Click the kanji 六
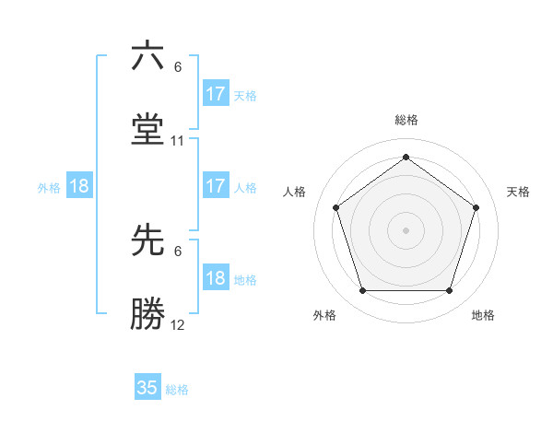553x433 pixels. [147, 56]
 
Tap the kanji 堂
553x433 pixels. [147, 130]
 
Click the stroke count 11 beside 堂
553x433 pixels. [178, 141]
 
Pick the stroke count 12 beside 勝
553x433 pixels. [178, 325]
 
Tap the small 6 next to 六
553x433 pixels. [178, 67]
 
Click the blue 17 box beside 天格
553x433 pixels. [216, 94]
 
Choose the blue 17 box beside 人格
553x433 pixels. [216, 186]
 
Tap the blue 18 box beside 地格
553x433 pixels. [216, 278]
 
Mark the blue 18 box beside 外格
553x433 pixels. [79, 186]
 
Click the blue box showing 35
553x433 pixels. [147, 388]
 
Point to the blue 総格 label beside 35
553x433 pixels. [177, 390]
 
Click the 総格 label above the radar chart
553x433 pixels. [406, 120]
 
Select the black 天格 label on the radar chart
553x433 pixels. [518, 192]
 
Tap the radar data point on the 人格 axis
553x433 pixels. [335, 207]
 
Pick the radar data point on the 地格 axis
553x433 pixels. [449, 291]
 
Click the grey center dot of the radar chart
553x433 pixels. [406, 229]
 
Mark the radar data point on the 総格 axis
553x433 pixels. [406, 157]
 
